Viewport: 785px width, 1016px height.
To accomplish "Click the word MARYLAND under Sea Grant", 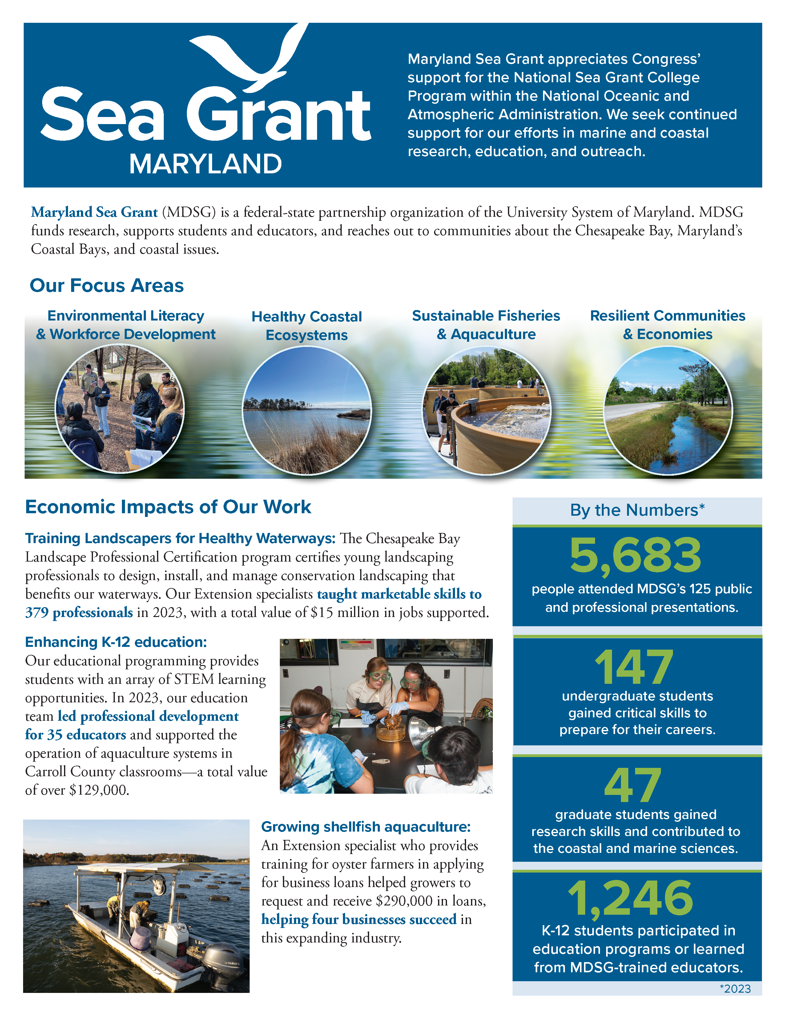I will pyautogui.click(x=206, y=164).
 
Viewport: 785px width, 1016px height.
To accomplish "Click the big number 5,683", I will pyautogui.click(x=635, y=555).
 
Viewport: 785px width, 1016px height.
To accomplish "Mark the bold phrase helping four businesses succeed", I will pyautogui.click(x=359, y=920).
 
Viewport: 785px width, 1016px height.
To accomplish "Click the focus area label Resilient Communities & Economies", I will pyautogui.click(x=667, y=325).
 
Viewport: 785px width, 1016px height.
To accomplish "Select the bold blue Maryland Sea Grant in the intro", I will pyautogui.click(x=95, y=212).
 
